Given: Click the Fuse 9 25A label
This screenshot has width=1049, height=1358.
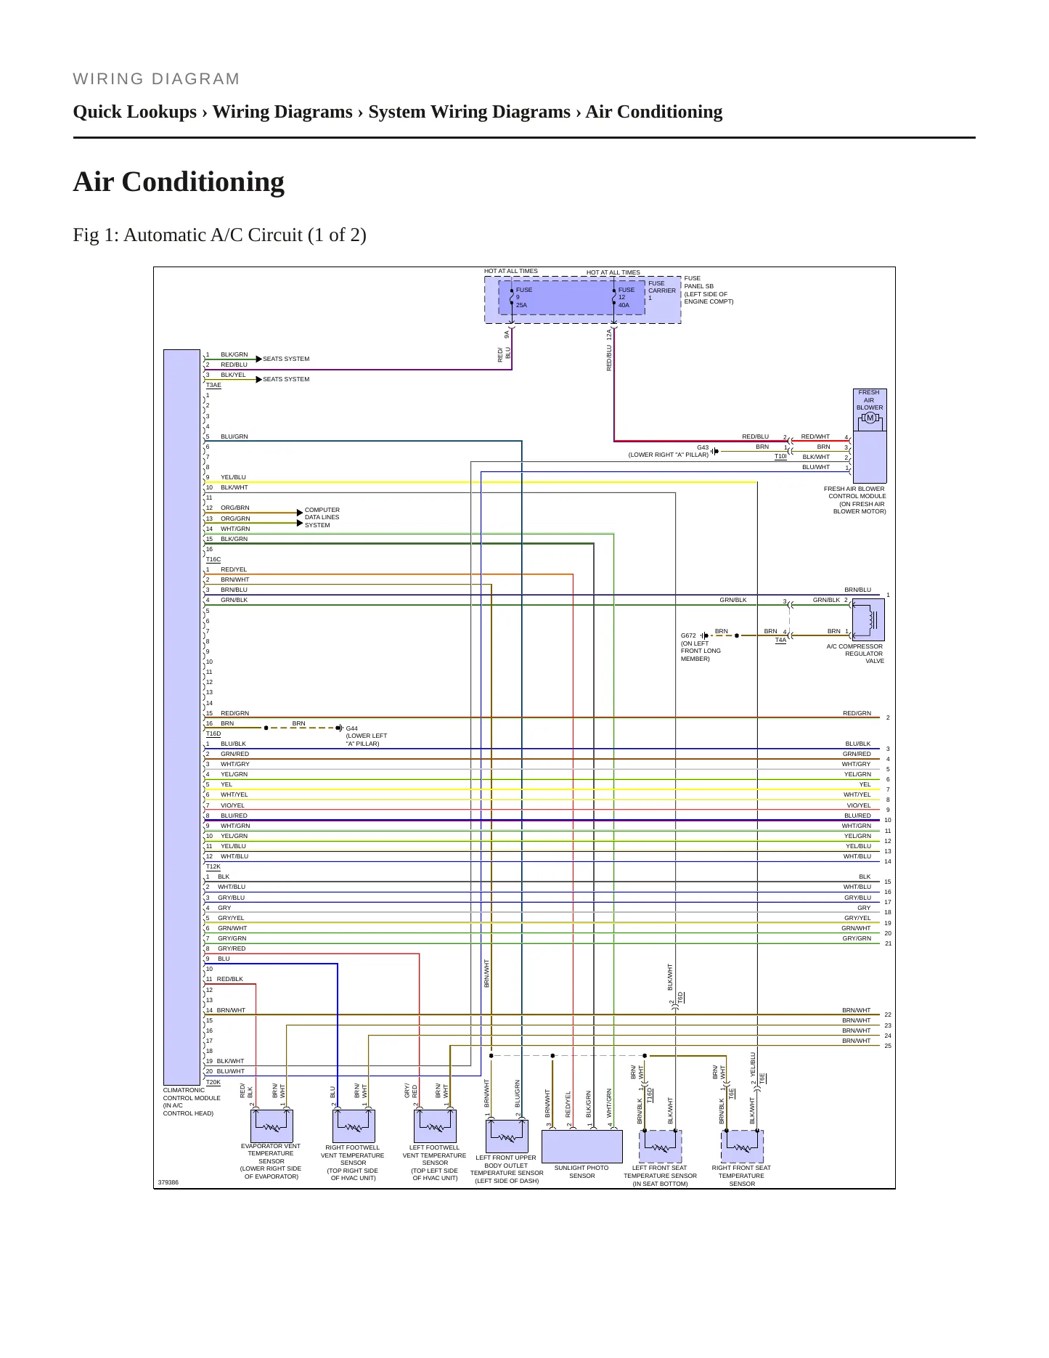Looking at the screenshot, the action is pos(523,298).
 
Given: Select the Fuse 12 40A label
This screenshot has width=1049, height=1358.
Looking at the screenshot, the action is pos(626,298).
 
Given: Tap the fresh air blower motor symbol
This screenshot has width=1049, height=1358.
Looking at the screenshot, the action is pos(869,418).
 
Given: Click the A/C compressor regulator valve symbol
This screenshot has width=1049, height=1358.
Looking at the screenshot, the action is pos(868,620).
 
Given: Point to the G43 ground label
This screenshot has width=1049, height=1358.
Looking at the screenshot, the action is pos(703,447).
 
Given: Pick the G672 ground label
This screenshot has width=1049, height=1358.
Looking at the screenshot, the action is pos(688,635).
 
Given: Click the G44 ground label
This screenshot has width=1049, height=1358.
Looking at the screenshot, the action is pos(351,728).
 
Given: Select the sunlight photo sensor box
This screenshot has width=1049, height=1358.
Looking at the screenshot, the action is pos(582,1147).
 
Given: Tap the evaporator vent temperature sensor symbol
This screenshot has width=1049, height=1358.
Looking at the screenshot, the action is pos(272,1126).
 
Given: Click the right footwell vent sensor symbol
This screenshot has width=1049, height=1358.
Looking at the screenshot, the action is pos(354,1126).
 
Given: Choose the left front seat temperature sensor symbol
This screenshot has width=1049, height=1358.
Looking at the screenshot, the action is pos(661,1147).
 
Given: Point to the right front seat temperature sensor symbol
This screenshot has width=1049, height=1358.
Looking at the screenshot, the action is pos(742,1147).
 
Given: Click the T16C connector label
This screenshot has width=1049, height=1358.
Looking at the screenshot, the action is pos(213,560).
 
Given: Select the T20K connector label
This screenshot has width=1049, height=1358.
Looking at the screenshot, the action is pos(213,1082).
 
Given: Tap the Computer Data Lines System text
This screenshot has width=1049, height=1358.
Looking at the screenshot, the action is pos(322,518).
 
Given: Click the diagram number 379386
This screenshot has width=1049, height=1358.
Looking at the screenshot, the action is pos(168,1182).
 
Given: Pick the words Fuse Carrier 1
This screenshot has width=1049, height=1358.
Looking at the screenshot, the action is pos(662,290).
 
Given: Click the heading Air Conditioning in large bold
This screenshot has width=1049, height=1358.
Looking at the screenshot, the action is pos(179,182).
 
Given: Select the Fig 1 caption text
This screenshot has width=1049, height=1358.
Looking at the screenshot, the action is pos(220,235).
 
